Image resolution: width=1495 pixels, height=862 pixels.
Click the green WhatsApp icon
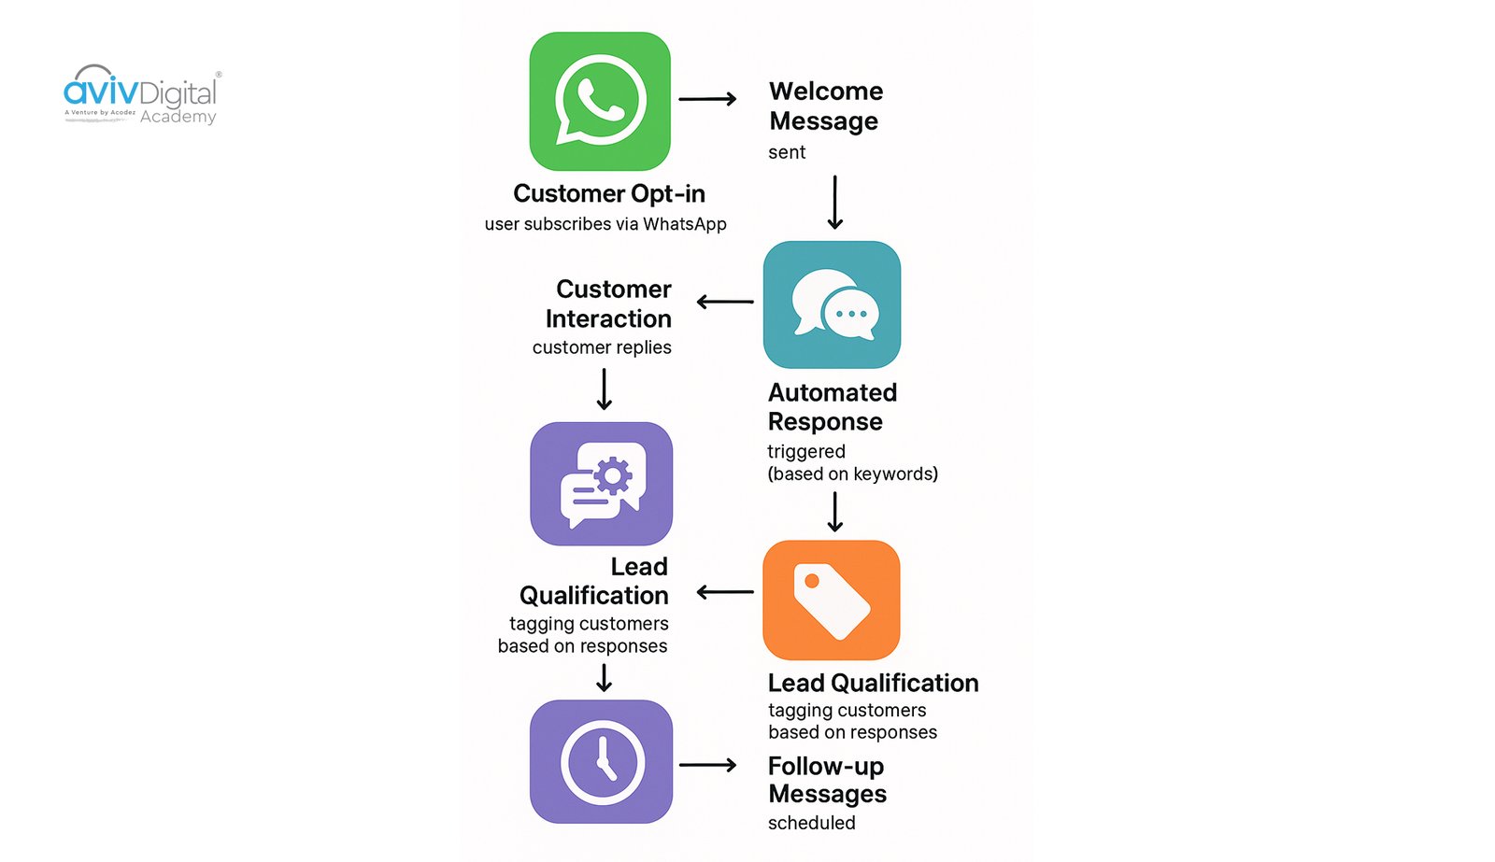600,101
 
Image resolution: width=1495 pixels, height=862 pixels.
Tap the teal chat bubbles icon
832,304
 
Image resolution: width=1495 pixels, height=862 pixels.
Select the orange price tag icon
831,600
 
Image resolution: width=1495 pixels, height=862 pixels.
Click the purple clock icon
601,761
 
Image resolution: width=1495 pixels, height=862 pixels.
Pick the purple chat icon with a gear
601,484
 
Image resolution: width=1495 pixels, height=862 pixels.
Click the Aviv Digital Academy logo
142,95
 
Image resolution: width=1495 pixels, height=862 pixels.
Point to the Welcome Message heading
825,106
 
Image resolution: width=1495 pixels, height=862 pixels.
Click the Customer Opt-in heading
608,193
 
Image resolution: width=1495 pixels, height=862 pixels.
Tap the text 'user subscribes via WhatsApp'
605,224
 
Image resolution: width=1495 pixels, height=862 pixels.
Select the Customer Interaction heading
609,304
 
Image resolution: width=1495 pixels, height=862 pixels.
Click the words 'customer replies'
602,347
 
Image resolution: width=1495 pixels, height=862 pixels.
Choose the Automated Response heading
831,406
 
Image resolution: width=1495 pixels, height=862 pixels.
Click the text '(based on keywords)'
852,473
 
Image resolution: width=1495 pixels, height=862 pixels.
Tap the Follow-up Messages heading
826,779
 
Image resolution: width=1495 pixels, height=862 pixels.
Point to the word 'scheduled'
811,823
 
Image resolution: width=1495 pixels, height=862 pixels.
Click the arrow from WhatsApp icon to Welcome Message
707,98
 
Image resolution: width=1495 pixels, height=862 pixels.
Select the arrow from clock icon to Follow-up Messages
707,765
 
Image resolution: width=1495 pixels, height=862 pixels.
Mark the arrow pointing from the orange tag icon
725,592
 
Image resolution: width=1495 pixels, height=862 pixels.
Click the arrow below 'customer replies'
605,389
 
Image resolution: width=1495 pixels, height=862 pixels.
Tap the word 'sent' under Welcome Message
786,152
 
